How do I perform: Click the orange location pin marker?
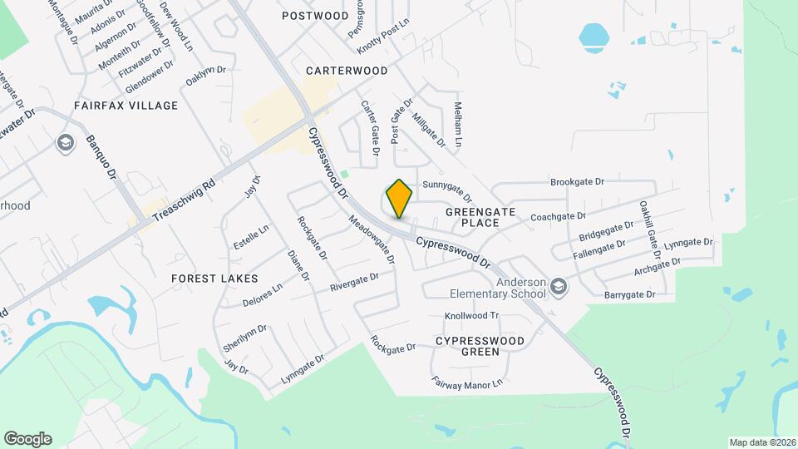(400, 198)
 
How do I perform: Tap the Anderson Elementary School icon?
(559, 286)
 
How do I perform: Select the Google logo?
(27, 439)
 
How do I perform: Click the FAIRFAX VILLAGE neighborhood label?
(126, 106)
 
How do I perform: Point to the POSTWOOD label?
(315, 16)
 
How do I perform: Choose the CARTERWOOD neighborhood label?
(347, 71)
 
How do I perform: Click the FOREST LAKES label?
(214, 278)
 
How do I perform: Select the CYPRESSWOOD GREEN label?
(480, 346)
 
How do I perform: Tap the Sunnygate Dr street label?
(447, 191)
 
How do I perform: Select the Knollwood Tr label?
(470, 316)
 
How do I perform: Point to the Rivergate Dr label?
(354, 282)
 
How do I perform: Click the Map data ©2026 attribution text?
(762, 442)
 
